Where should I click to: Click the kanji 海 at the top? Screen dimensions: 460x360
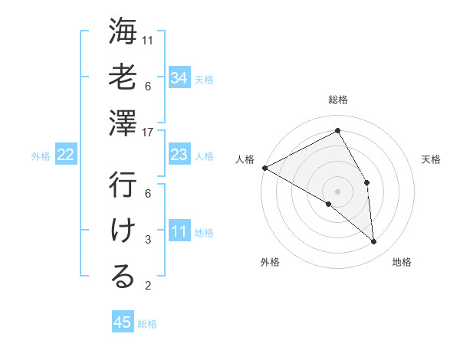(x=123, y=32)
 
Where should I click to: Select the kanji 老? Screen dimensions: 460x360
(x=123, y=77)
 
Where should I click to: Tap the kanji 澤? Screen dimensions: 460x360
(x=123, y=123)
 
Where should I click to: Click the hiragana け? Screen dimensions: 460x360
(x=123, y=231)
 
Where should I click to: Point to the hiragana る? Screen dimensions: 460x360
(x=123, y=277)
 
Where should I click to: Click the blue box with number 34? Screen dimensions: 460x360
(x=179, y=77)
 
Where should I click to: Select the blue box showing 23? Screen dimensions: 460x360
(x=179, y=155)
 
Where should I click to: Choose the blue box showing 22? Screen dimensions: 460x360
(x=65, y=155)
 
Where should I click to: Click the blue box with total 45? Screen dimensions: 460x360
(x=123, y=322)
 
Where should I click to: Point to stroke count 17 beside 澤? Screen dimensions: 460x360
(x=148, y=132)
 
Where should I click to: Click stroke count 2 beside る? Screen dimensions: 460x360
(x=148, y=286)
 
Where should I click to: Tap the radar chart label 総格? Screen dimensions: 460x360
(x=338, y=100)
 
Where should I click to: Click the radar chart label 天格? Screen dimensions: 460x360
(x=431, y=159)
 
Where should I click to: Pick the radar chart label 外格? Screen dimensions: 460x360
(x=270, y=262)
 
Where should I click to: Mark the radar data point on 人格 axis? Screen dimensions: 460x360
(x=264, y=168)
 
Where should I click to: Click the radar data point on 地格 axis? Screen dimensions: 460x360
(x=374, y=242)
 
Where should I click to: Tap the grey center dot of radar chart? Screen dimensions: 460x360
(x=337, y=191)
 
